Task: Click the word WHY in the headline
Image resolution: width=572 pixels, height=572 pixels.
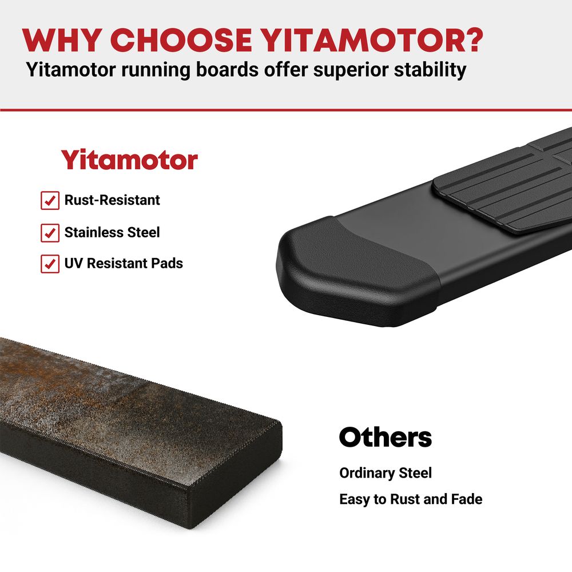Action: [62, 40]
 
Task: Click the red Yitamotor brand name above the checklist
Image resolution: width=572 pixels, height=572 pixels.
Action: [129, 160]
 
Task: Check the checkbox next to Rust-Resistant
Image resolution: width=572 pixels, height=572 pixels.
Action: [50, 200]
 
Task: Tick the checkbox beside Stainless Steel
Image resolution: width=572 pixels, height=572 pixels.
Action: [50, 233]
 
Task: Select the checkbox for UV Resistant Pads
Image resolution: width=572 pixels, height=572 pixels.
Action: [50, 264]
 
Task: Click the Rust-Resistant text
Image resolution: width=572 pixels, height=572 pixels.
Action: [112, 200]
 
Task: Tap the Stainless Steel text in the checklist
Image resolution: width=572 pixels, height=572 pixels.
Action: [112, 232]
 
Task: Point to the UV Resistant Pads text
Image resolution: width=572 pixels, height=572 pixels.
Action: [124, 263]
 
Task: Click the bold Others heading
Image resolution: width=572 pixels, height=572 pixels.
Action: [385, 437]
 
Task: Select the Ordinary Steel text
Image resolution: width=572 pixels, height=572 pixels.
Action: [385, 473]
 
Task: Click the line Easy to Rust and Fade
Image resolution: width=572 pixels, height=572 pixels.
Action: [411, 499]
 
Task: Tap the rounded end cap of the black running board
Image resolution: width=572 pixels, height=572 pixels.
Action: [356, 270]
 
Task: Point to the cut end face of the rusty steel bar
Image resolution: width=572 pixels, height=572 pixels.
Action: [235, 474]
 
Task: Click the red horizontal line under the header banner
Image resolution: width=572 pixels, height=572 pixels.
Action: [286, 109]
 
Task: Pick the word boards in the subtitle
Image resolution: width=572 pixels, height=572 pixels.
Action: [227, 69]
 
